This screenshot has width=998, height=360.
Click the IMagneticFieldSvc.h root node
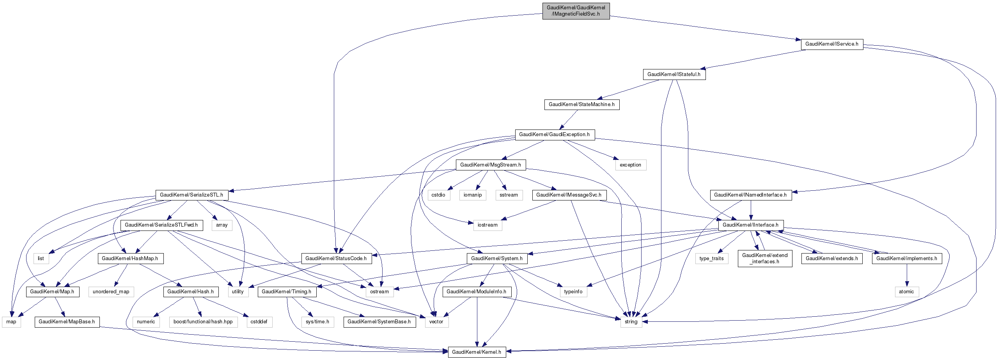(x=576, y=11)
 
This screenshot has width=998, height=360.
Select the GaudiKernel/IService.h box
(x=831, y=44)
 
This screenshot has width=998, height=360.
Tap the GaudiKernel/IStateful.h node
(x=674, y=74)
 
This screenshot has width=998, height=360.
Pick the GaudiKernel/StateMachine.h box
(x=581, y=105)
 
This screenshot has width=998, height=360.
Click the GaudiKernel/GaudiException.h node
(x=554, y=135)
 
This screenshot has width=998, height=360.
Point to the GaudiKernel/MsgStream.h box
(x=490, y=165)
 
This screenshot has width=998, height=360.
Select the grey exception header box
(x=630, y=165)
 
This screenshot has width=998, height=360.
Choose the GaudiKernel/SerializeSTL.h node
(x=191, y=195)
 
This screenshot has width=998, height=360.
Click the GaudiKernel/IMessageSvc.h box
(x=569, y=195)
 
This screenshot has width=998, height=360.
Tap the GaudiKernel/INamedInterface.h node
(x=750, y=195)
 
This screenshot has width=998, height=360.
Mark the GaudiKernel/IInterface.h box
(x=750, y=225)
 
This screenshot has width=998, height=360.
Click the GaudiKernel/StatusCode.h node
(x=336, y=259)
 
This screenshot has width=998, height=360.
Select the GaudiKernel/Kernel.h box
(x=477, y=352)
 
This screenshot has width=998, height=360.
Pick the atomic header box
(x=906, y=292)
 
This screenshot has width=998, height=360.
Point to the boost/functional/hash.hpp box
(x=203, y=322)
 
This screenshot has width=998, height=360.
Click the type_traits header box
(x=711, y=259)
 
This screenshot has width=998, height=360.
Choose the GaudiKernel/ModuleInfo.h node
(x=476, y=292)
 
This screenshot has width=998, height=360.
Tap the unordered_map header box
(x=111, y=292)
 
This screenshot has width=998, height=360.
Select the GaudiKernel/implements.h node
(x=906, y=259)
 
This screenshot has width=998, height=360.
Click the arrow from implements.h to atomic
(x=906, y=275)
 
